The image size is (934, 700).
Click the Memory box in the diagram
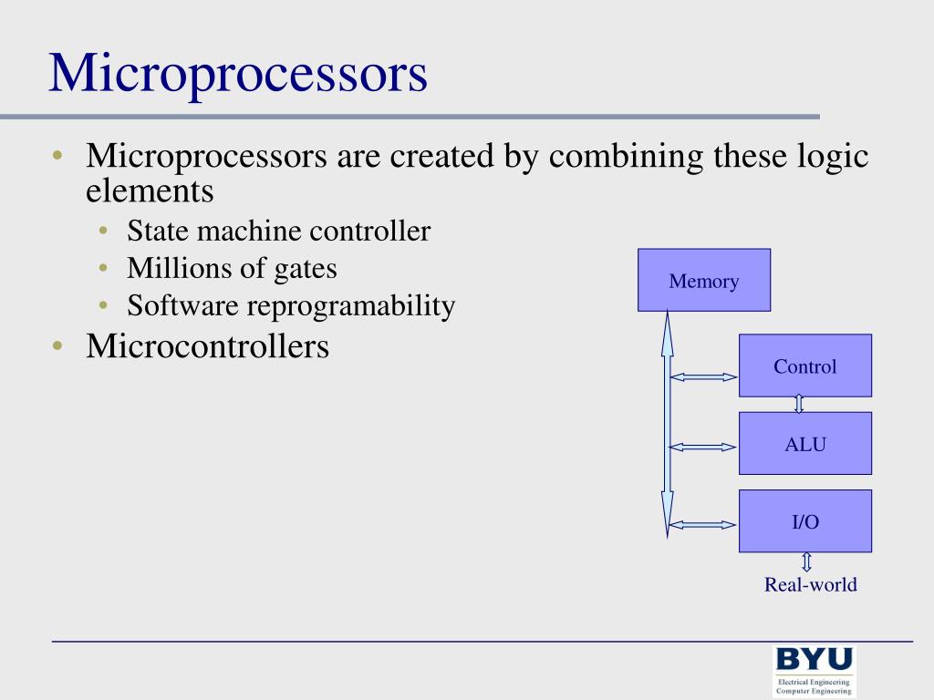(703, 281)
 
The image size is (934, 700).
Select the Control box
(804, 365)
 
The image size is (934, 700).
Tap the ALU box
(804, 444)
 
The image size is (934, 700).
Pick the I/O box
(804, 521)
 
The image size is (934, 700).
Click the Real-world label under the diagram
(810, 584)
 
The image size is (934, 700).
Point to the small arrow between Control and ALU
(799, 404)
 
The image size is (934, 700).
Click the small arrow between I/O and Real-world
(806, 562)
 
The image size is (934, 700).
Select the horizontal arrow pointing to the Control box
(703, 376)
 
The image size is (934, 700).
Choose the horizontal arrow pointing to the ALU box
(703, 447)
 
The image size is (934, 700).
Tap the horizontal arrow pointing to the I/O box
(703, 524)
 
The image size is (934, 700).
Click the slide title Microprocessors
(238, 74)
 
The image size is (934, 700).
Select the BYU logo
(814, 659)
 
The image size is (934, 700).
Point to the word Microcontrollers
(207, 346)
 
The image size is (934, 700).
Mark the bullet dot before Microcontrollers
(57, 346)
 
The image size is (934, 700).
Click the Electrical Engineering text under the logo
(813, 682)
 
